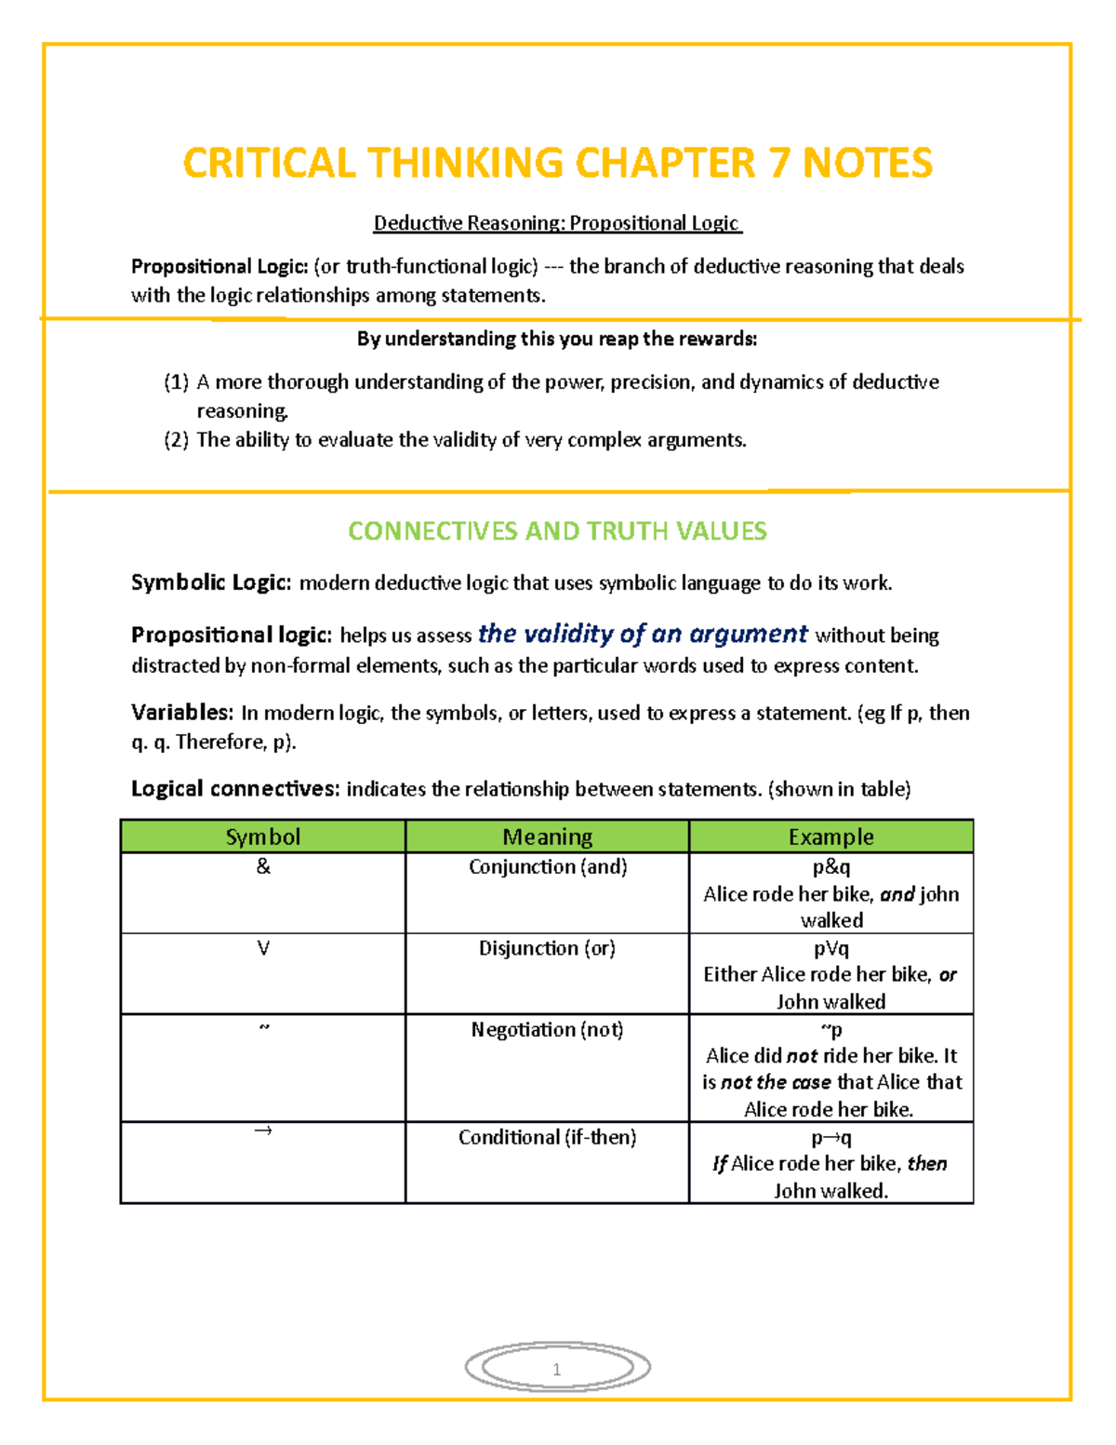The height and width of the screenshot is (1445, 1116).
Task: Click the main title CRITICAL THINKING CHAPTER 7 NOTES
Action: click(x=557, y=163)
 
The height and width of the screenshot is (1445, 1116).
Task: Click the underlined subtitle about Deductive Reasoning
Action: click(x=557, y=223)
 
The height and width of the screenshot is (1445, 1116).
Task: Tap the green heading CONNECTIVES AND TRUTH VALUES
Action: click(x=557, y=531)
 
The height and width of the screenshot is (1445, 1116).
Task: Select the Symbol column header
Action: click(x=263, y=836)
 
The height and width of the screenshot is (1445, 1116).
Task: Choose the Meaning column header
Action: click(x=547, y=836)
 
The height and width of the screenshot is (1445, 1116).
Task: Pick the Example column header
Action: click(x=830, y=836)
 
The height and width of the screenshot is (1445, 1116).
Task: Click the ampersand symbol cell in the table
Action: click(x=263, y=866)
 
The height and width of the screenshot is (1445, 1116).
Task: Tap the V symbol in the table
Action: click(x=263, y=948)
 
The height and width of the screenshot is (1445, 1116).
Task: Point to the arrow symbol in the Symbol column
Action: click(x=263, y=1131)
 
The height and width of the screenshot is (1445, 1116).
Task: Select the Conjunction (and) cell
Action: click(x=547, y=866)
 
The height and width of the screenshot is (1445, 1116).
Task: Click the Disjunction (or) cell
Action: click(x=547, y=948)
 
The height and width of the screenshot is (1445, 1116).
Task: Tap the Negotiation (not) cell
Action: click(x=547, y=1029)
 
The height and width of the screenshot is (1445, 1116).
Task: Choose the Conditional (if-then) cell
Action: click(x=547, y=1137)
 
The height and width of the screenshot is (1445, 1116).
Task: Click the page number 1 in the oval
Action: click(x=556, y=1369)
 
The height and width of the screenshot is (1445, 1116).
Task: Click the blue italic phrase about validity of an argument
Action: click(x=643, y=634)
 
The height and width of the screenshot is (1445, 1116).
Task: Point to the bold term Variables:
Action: click(x=181, y=713)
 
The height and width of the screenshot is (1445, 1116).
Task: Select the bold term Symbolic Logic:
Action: click(x=211, y=582)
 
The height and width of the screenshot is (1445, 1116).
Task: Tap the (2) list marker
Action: click(x=177, y=439)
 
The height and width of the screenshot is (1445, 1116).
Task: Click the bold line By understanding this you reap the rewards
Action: click(x=557, y=339)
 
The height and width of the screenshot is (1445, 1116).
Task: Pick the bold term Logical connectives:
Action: click(x=234, y=789)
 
